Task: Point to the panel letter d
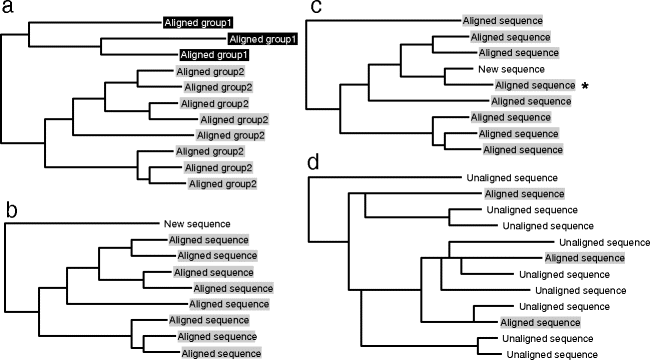(316, 164)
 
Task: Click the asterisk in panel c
(584, 87)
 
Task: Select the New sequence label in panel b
(196, 223)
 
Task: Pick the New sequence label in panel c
(511, 70)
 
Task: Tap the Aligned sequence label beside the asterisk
(535, 86)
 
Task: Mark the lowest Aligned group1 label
(213, 54)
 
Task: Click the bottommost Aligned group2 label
(222, 184)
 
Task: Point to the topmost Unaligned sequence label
(503, 177)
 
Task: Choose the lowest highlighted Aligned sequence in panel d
(539, 322)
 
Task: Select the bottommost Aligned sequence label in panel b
(221, 353)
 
